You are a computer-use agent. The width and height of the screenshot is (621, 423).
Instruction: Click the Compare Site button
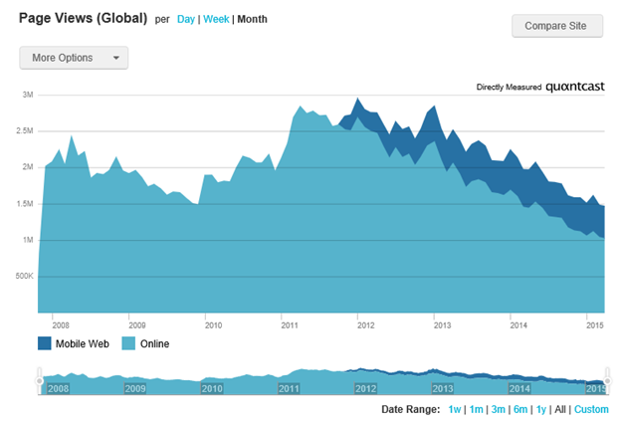point(557,25)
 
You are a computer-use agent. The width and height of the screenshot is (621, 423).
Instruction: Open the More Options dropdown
point(74,58)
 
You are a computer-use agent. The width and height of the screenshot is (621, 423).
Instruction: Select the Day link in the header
point(186,20)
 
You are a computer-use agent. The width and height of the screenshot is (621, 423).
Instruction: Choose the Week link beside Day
point(216,20)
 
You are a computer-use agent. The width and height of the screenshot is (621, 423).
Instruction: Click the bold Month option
point(252,20)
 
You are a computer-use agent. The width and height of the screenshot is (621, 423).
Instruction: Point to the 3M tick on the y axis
point(28,95)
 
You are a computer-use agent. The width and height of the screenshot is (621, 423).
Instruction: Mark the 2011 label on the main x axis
point(290,324)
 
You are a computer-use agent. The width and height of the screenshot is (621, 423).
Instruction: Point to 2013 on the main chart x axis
point(441,324)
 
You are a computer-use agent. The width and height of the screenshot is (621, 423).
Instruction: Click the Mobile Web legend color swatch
point(46,344)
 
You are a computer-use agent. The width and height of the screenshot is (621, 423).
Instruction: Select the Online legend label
point(154,344)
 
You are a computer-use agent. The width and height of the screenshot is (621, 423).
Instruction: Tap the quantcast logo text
point(575,88)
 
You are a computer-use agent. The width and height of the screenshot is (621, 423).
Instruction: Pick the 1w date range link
point(454,410)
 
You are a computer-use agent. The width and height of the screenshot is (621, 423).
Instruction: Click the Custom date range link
point(590,410)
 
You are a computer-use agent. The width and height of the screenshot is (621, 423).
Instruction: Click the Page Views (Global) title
point(83,19)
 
